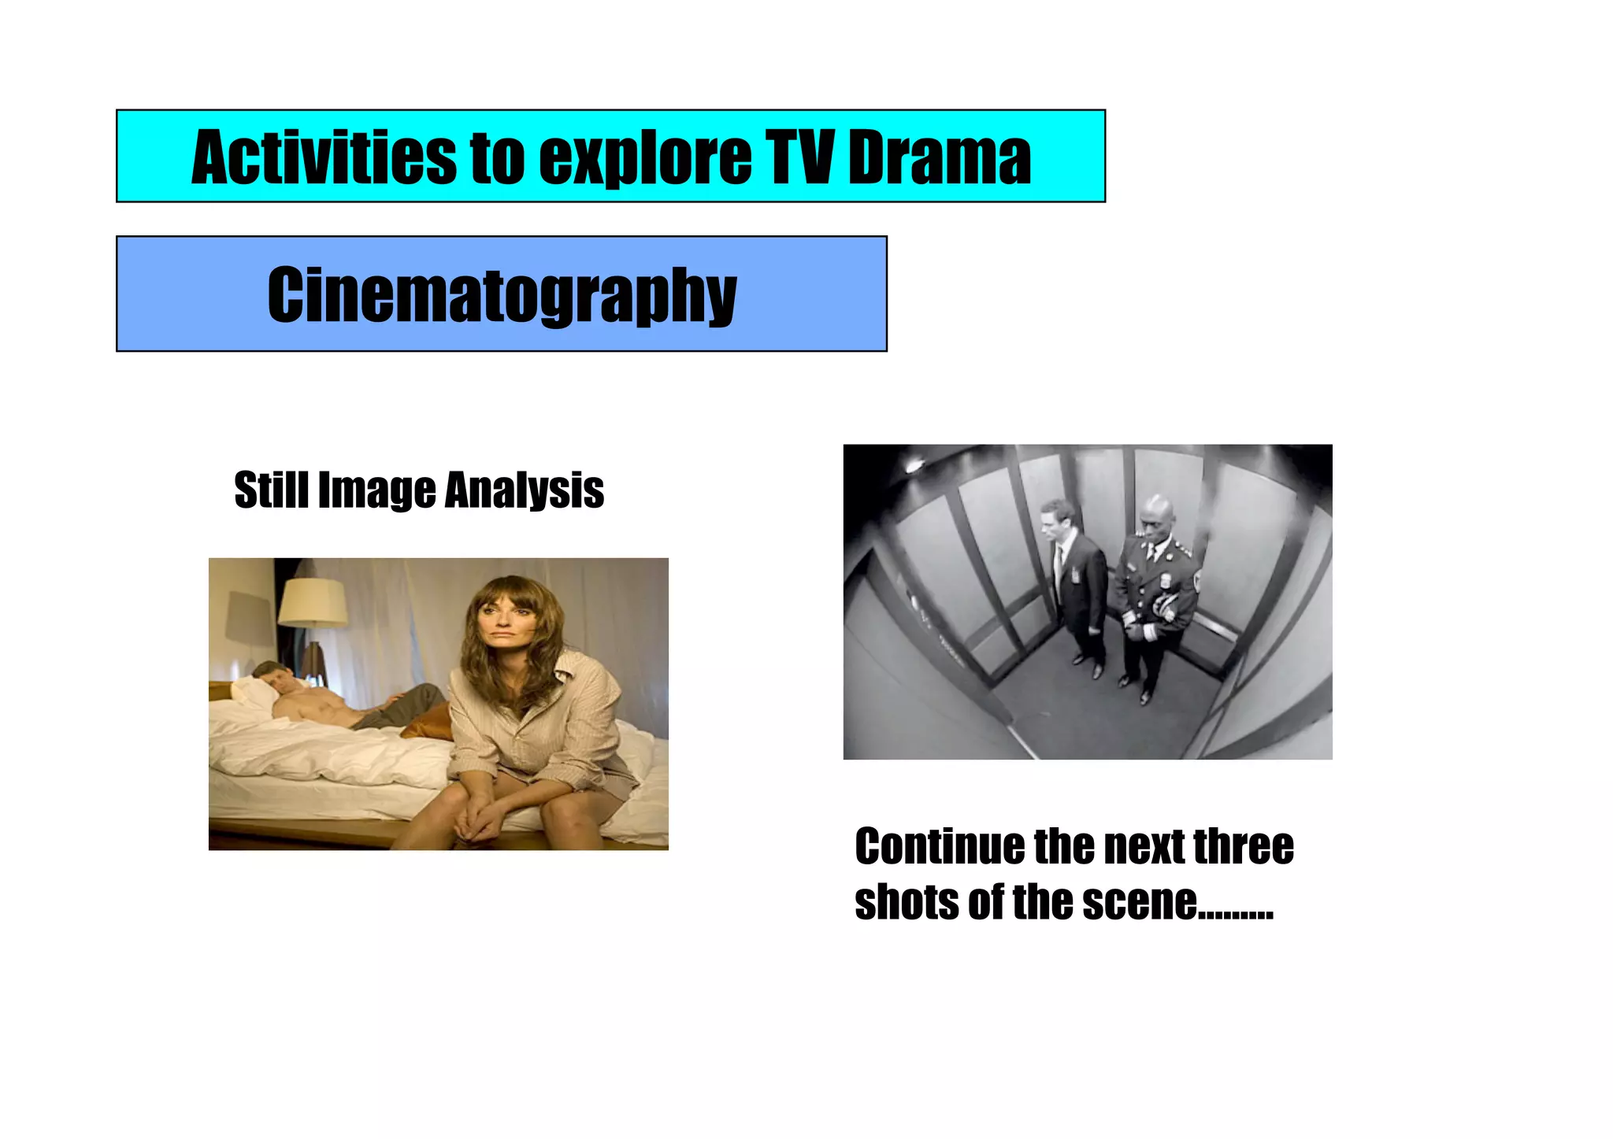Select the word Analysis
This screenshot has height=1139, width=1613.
click(x=524, y=491)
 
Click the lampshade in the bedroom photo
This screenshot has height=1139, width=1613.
click(x=313, y=603)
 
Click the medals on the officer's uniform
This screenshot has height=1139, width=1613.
click(x=1165, y=606)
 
